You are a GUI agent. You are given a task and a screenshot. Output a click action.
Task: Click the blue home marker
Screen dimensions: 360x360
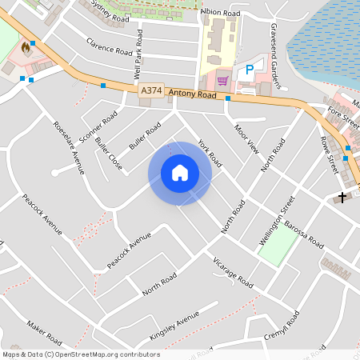[x=180, y=173]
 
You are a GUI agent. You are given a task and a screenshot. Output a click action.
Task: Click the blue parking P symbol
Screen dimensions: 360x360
[x=250, y=70]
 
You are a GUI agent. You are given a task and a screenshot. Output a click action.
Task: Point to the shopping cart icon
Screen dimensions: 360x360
[x=222, y=80]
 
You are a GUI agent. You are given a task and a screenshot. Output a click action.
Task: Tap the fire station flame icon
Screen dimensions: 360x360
[x=26, y=48]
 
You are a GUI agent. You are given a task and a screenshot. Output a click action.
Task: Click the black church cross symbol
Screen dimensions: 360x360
[x=343, y=196]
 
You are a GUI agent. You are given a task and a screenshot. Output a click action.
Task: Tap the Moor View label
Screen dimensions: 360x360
[x=247, y=138]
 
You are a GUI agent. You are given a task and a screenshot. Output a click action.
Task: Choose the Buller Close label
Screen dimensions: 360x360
[x=109, y=154]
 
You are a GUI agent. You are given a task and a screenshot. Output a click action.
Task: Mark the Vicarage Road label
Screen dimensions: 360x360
[x=233, y=273]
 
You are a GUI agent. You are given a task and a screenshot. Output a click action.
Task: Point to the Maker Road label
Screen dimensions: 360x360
[x=44, y=329]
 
